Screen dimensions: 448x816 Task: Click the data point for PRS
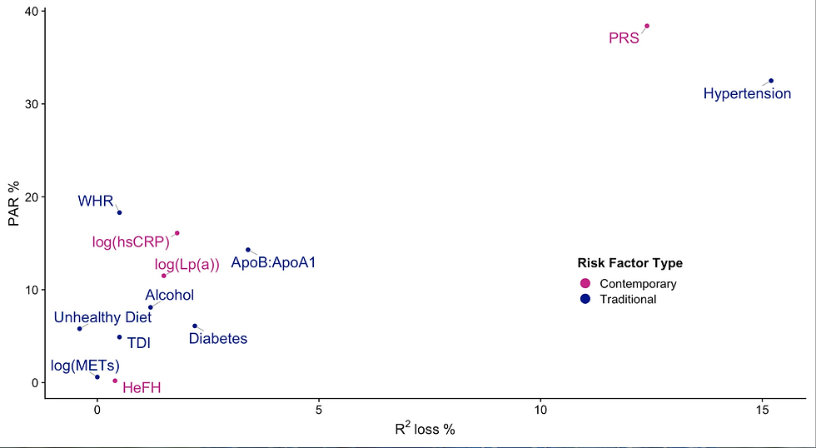coord(647,26)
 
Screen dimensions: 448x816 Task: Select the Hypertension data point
coord(771,81)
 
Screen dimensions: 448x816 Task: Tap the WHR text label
coord(95,202)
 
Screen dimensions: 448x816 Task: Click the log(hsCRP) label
coord(131,242)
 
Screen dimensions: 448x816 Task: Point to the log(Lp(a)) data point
coord(164,276)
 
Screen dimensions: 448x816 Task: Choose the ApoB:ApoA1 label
coord(273,263)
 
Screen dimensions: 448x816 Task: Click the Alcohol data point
coord(151,307)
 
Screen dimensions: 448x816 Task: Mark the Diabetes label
coord(217,339)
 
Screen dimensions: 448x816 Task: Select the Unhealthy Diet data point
coord(80,329)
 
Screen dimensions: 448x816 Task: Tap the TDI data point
coord(119,337)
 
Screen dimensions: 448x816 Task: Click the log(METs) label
coord(85,366)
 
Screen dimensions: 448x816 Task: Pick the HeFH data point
coord(115,381)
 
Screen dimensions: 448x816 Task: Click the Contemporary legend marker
coord(585,284)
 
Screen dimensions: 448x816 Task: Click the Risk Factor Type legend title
coord(629,264)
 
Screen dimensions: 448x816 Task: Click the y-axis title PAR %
coord(12,205)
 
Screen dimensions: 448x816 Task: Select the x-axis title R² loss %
coord(425,431)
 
